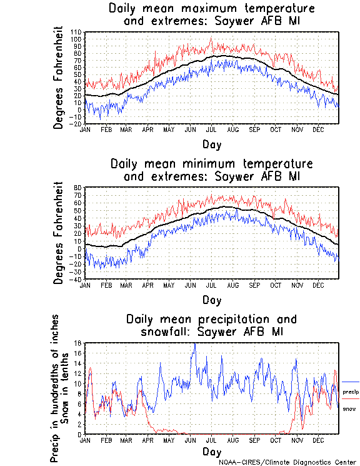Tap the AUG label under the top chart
233,129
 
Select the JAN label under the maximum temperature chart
86,129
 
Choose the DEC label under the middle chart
318,285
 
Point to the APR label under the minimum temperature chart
147,285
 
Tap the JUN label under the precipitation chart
190,440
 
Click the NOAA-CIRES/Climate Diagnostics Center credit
286,462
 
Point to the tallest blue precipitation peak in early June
195,344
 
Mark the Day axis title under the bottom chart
212,452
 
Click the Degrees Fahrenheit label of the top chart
58,77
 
